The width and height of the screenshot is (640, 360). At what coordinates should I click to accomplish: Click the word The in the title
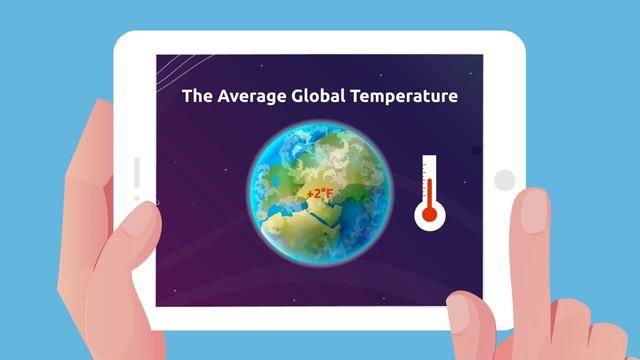[x=196, y=96]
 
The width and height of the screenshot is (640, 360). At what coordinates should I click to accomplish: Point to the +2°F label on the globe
[x=320, y=192]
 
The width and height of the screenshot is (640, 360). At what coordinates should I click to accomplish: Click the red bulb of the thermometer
[x=430, y=213]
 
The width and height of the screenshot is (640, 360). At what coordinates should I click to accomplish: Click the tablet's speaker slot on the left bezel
[x=137, y=172]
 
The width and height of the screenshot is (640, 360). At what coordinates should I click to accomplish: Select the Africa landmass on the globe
[x=300, y=235]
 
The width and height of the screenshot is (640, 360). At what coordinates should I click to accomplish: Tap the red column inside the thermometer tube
[x=430, y=190]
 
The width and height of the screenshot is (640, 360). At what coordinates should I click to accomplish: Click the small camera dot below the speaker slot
[x=137, y=198]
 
